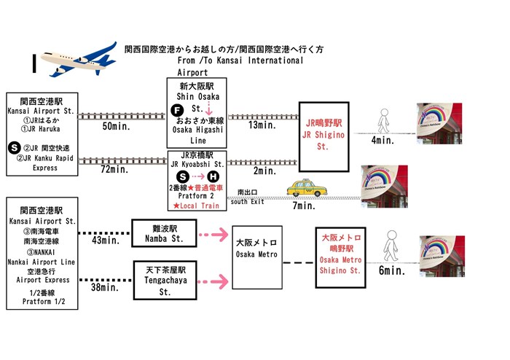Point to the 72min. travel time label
pos(113,170)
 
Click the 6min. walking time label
pos(391,270)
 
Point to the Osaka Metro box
pos(254,257)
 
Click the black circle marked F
pos(175,111)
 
